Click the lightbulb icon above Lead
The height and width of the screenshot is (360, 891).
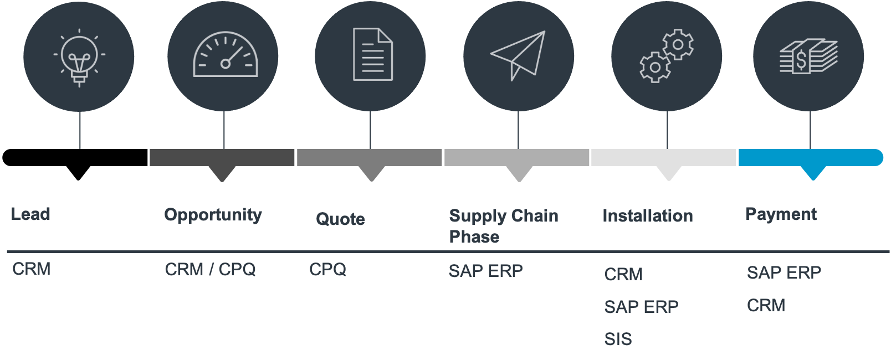click(79, 57)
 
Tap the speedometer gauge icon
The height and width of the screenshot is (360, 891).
click(225, 55)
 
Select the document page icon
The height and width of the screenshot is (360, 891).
click(373, 54)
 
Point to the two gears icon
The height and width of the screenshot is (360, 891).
click(667, 56)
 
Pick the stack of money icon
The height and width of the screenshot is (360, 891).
click(808, 56)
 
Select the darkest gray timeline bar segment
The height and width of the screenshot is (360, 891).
click(222, 157)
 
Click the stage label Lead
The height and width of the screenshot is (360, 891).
click(31, 214)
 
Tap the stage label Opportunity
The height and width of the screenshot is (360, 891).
click(213, 215)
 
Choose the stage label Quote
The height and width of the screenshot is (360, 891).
click(340, 219)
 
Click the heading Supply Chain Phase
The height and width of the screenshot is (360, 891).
click(503, 225)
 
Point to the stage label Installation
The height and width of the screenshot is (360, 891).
click(647, 215)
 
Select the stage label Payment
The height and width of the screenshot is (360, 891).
click(781, 214)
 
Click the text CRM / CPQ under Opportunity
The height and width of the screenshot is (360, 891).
click(210, 270)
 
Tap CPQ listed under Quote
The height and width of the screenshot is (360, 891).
click(327, 270)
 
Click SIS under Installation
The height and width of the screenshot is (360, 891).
click(618, 339)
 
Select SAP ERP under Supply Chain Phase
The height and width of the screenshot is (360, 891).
click(485, 271)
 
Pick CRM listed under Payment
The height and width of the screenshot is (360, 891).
click(766, 305)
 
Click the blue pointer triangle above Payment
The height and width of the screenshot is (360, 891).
click(813, 173)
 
